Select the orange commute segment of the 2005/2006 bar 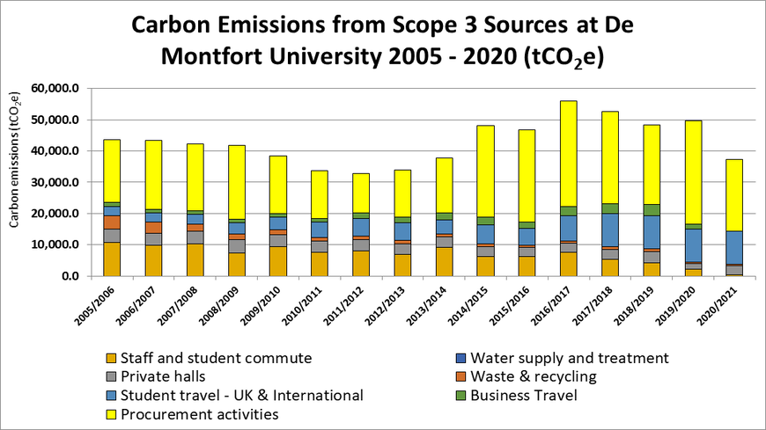[112, 259]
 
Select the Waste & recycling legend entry [534, 376]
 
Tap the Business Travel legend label [524, 395]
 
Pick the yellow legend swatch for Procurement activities [110, 414]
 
